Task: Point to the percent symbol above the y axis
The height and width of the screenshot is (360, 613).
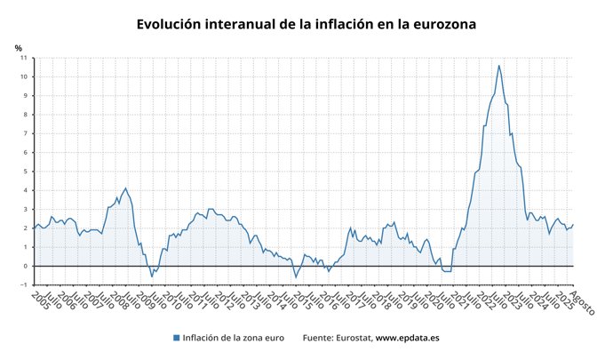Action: [18, 47]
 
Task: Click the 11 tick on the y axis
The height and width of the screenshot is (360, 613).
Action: [24, 58]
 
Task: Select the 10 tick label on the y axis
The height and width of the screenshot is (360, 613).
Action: [24, 76]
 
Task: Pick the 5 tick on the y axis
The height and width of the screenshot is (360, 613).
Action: [25, 172]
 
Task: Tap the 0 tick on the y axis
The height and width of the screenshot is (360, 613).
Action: [25, 266]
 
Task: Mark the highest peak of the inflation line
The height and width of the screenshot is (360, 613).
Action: [498, 65]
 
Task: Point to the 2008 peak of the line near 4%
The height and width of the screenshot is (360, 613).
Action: [125, 188]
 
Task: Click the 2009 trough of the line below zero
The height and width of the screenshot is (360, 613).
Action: [151, 276]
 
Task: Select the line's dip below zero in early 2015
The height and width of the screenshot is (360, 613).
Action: [296, 276]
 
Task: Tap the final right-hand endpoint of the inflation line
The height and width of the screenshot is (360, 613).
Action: [574, 225]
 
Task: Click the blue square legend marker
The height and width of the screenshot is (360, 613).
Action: [177, 339]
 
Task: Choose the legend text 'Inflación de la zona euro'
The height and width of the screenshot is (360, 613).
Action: [234, 339]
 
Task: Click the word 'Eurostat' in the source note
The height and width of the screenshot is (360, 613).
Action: [353, 339]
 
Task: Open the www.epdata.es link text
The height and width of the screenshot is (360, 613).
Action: [408, 339]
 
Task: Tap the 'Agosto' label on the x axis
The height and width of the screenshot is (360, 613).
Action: [582, 304]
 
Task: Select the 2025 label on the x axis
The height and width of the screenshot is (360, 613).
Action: [561, 300]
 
